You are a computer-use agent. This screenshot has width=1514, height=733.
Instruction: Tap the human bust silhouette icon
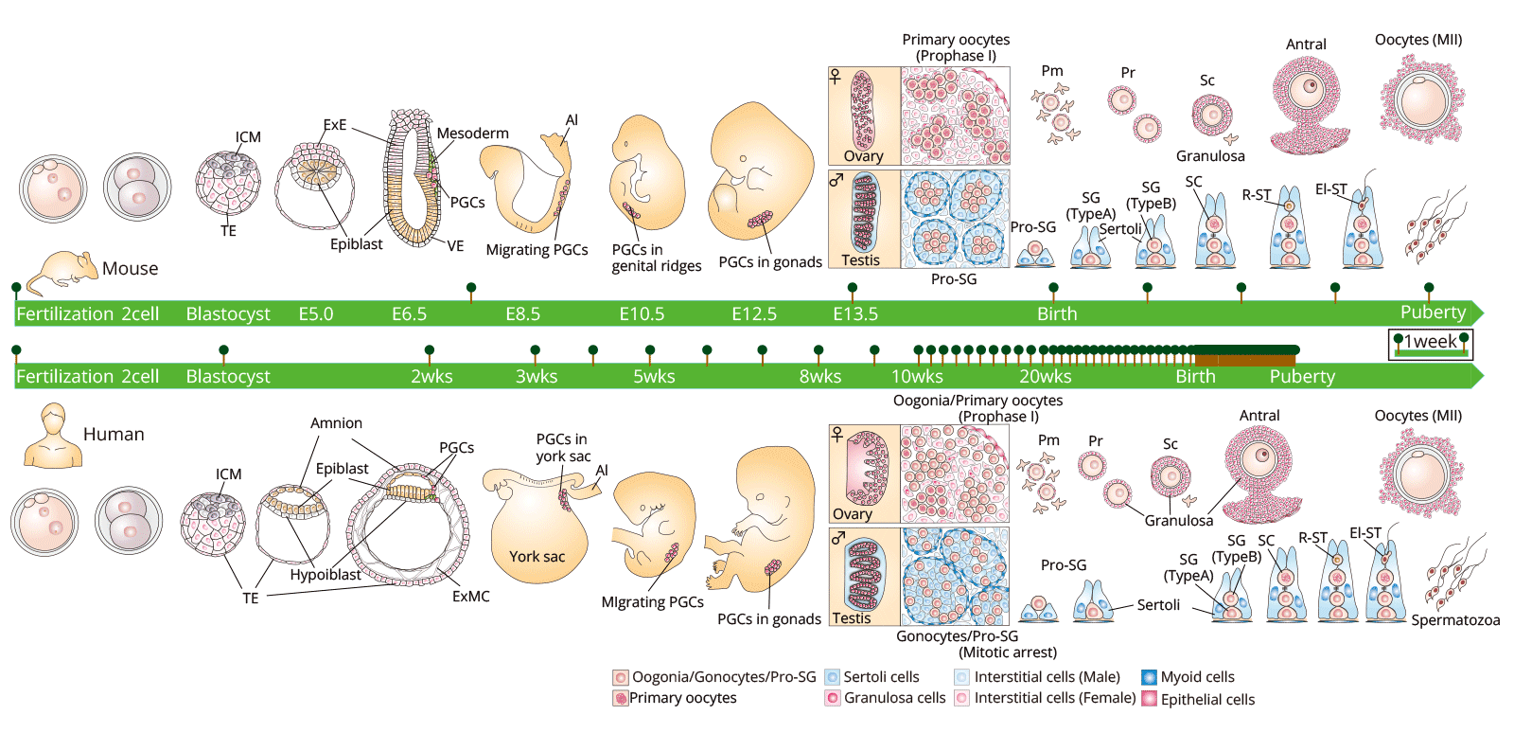[x=53, y=437]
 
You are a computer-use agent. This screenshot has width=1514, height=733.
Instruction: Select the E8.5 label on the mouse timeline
[x=522, y=314]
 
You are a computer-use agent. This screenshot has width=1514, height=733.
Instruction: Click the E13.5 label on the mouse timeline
[x=855, y=314]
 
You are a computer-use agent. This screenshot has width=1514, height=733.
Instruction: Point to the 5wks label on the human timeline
[x=654, y=377]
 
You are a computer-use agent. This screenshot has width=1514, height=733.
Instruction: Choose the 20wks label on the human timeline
[x=1045, y=377]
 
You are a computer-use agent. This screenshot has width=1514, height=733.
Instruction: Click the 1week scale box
[x=1430, y=344]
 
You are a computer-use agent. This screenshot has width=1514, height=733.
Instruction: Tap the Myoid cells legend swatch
[x=1149, y=677]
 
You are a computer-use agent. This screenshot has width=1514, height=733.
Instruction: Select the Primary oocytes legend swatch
[x=621, y=698]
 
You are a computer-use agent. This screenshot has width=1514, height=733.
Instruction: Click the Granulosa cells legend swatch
[x=832, y=698]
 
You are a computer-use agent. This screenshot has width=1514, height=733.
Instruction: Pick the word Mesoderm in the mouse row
[x=472, y=134]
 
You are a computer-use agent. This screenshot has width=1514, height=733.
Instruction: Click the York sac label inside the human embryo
[x=537, y=557]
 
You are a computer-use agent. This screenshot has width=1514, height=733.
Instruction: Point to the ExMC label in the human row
[x=470, y=597]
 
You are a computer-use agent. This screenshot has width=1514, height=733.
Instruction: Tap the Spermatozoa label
[x=1455, y=620]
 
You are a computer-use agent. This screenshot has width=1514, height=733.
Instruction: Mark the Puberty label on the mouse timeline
[x=1433, y=313]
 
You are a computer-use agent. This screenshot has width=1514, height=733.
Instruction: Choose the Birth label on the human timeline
[x=1195, y=377]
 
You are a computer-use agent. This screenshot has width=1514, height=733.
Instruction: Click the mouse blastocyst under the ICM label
[x=228, y=183]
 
